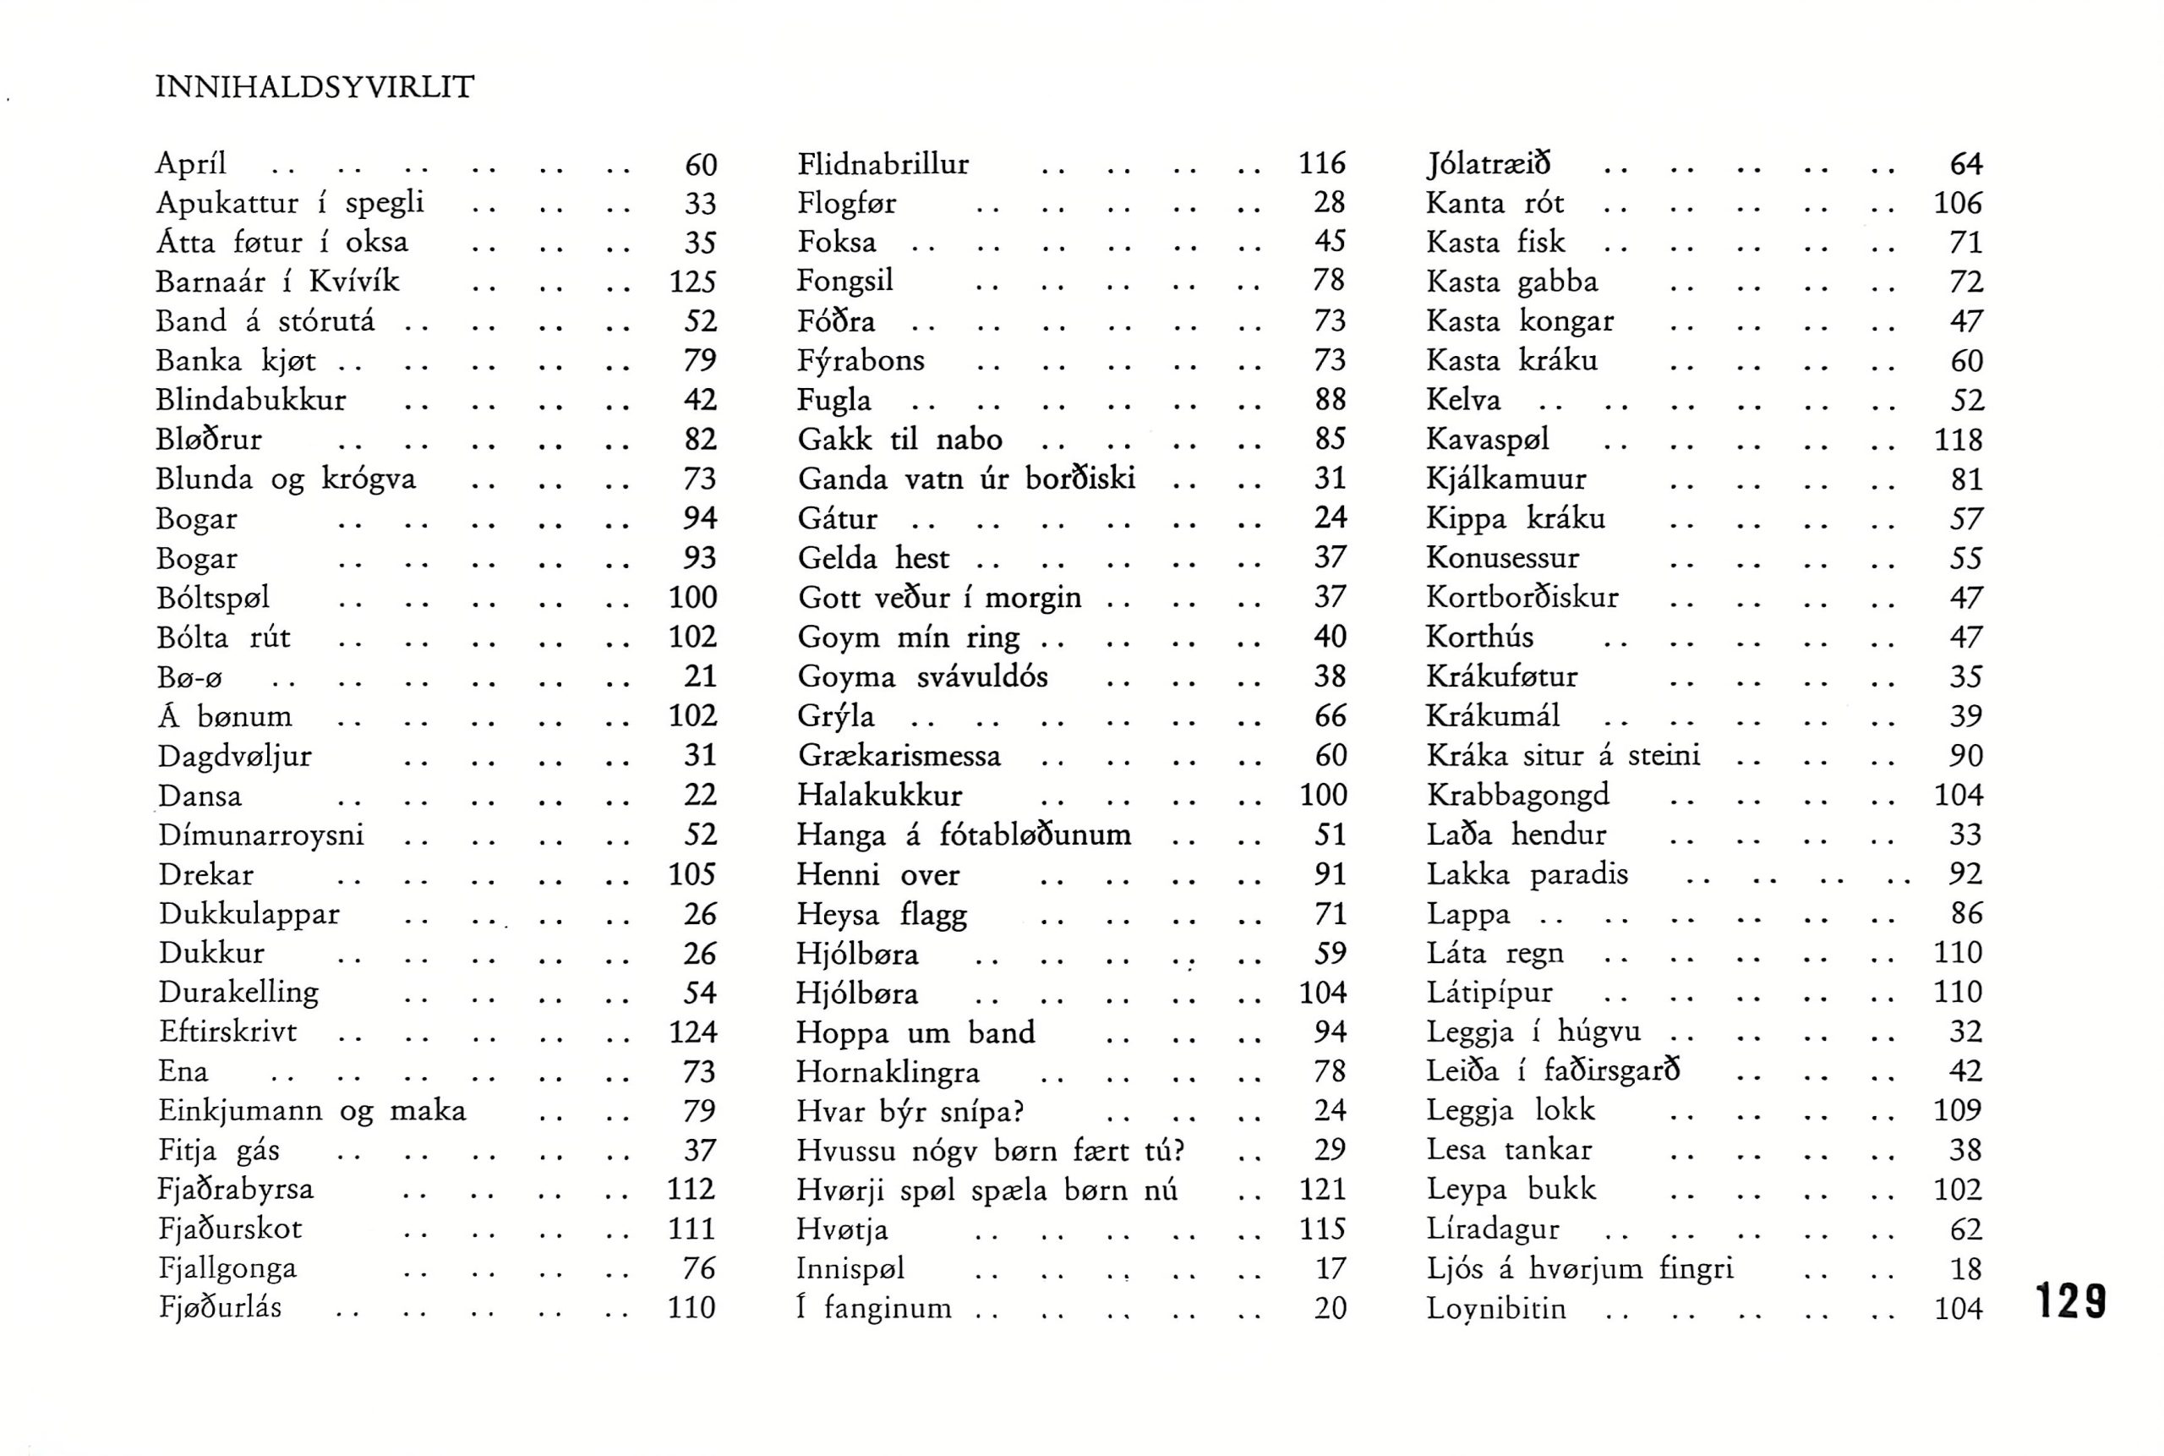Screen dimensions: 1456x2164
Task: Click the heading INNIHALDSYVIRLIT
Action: tap(314, 87)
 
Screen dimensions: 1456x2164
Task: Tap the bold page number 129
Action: tap(2070, 1301)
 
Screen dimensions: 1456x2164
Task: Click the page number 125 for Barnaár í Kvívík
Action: tap(692, 282)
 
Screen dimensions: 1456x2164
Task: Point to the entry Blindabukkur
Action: tap(251, 400)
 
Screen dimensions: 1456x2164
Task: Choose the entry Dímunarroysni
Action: tap(261, 835)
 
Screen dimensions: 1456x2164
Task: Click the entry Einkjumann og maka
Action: tap(312, 1110)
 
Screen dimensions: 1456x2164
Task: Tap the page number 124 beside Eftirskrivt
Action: tap(692, 1032)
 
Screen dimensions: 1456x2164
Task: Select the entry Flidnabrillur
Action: tap(883, 164)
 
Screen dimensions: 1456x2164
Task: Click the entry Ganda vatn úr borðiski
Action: tap(966, 479)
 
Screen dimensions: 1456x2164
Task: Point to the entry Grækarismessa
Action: tap(899, 756)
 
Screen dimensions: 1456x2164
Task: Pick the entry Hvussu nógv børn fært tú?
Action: tap(991, 1152)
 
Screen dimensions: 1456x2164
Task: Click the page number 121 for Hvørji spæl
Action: tap(1322, 1191)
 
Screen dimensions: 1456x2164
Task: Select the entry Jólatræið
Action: tap(1488, 164)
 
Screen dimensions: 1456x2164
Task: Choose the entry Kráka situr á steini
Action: tap(1563, 756)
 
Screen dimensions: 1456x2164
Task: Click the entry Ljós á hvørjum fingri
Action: tap(1579, 1268)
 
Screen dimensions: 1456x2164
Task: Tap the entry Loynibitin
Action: tap(1495, 1308)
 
